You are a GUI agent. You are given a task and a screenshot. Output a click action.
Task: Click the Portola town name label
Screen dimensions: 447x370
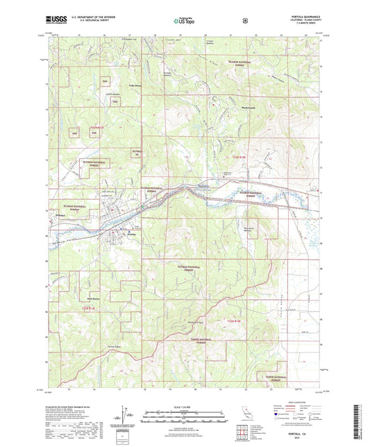pyautogui.click(x=131, y=234)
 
